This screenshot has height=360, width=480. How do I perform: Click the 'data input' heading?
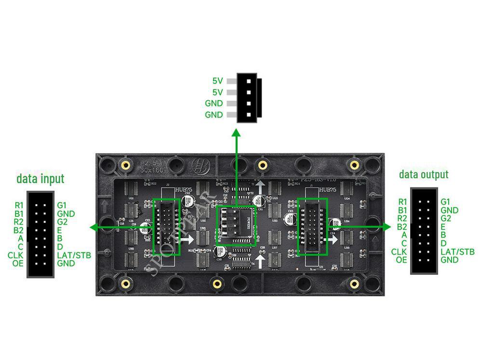(x=40, y=179)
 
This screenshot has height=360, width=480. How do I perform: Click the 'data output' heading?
(x=424, y=174)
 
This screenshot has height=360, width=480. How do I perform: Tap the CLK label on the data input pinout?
(x=15, y=255)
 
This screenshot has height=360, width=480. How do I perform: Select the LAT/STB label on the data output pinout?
(x=457, y=252)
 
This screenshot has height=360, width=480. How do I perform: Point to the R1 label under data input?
(x=19, y=205)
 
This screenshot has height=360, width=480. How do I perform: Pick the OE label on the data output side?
(x=401, y=260)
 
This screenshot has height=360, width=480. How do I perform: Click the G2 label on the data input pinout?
(x=62, y=222)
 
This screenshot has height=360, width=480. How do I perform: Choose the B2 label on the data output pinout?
(x=402, y=227)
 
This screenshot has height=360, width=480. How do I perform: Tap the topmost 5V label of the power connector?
(x=217, y=81)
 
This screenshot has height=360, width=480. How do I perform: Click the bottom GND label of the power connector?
(x=214, y=115)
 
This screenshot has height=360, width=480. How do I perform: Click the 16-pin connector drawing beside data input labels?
(x=40, y=234)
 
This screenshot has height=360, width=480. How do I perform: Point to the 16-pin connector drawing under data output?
(x=424, y=231)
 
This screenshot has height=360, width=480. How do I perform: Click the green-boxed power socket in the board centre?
(x=236, y=226)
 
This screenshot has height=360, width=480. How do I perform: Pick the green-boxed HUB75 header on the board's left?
(x=166, y=227)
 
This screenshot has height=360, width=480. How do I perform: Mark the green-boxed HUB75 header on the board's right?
(x=312, y=227)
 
